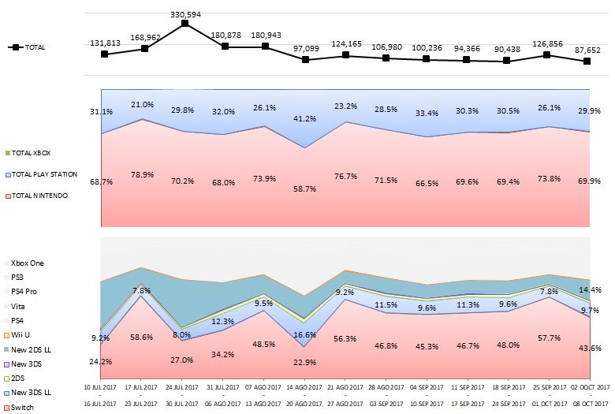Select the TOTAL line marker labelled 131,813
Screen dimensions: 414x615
coord(104,54)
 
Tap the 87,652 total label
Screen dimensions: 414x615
coord(587,49)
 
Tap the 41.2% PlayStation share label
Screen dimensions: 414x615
coord(305,118)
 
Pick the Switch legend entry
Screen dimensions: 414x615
coord(20,408)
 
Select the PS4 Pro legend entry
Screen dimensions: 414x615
coord(24,290)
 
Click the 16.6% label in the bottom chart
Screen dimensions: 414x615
coord(305,335)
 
